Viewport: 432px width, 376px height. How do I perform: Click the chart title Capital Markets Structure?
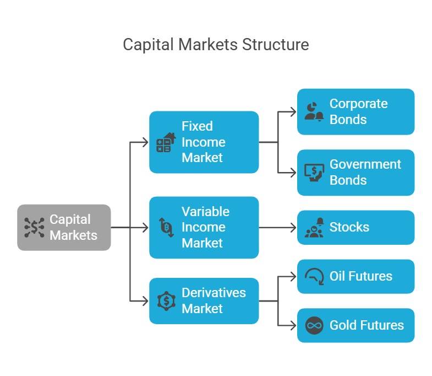coord(216,44)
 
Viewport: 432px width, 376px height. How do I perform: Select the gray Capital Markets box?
coord(64,227)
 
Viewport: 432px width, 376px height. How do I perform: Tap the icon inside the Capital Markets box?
coord(34,227)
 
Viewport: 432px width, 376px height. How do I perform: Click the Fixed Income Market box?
coord(204,142)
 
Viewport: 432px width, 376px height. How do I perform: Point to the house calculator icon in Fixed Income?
coord(166,142)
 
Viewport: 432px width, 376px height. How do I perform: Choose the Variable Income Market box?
coord(204,227)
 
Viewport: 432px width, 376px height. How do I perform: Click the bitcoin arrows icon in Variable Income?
coord(166,227)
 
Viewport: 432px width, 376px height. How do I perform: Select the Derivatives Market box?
coord(204,300)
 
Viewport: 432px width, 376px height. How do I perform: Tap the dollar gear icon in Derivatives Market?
coord(166,301)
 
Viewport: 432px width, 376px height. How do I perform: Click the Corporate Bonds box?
coord(356,111)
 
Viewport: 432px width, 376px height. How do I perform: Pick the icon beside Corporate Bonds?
coord(314,111)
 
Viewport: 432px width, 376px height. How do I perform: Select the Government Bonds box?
coord(356,172)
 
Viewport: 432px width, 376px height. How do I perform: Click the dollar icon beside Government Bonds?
coord(314,173)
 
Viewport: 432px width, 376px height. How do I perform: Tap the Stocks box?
coord(356,227)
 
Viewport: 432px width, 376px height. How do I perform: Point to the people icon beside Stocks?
coord(314,227)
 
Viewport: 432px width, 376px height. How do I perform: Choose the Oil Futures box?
coord(356,276)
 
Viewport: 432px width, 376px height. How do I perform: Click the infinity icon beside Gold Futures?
coord(314,325)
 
